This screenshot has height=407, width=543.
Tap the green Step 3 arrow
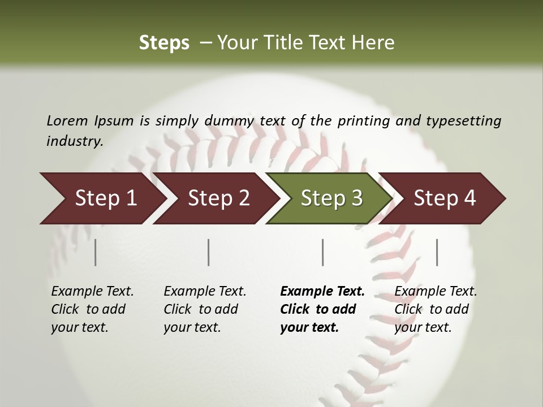tap(331, 198)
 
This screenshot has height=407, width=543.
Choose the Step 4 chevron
tap(445, 198)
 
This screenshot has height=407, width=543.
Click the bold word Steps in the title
tap(164, 43)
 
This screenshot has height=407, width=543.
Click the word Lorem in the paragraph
tap(67, 120)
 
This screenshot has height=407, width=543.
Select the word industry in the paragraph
tap(75, 141)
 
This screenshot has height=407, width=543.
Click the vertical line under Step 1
tap(96, 252)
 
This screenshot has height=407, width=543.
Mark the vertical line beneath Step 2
tap(209, 252)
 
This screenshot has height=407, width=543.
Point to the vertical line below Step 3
tap(323, 252)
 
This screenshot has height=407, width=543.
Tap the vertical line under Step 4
tap(437, 252)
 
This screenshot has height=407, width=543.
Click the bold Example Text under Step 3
tap(322, 292)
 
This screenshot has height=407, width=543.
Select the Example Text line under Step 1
tap(93, 292)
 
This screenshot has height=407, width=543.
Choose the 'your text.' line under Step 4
tap(423, 328)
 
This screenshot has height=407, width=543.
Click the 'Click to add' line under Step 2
tap(201, 310)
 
